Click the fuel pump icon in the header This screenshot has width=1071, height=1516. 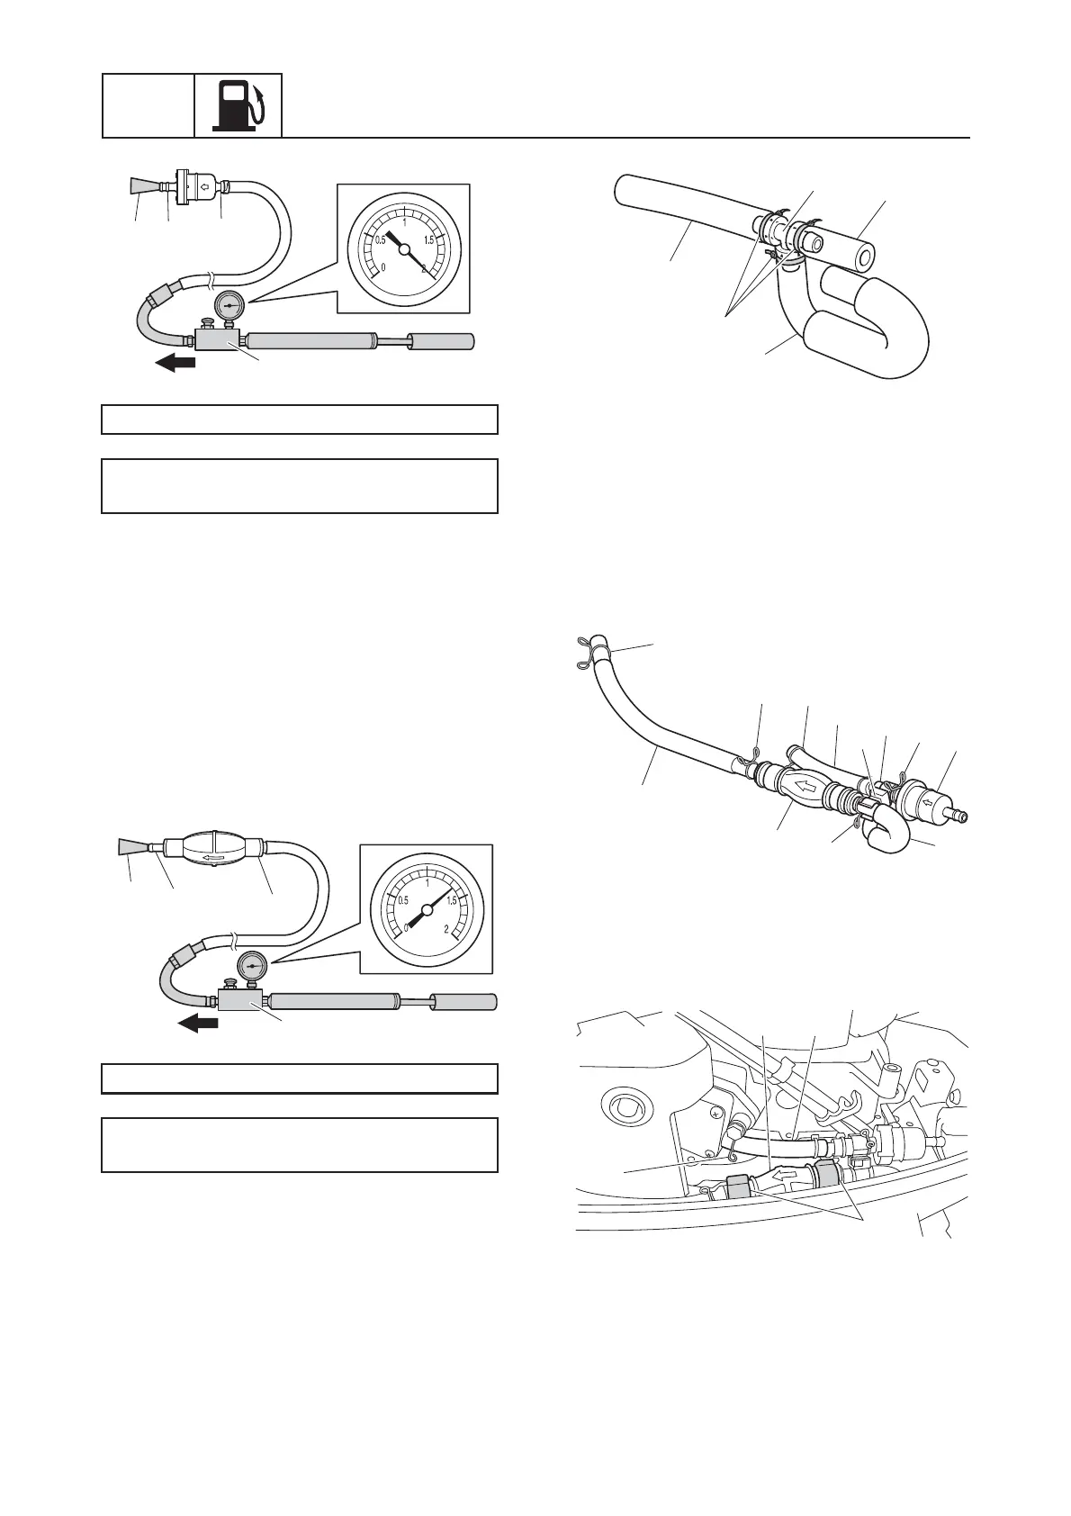[238, 105]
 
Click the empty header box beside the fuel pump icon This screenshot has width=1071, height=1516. [148, 105]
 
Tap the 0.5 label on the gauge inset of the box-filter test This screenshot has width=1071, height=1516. [381, 239]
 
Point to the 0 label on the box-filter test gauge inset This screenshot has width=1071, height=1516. [384, 267]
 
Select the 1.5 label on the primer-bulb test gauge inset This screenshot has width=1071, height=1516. [451, 900]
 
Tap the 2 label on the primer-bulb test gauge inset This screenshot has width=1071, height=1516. [446, 928]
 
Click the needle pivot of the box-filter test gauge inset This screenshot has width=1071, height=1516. [404, 248]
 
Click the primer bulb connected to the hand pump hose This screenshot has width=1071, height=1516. [211, 848]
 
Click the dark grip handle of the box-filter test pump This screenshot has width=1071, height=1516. [441, 342]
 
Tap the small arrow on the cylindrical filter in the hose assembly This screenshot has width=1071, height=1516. [927, 797]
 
